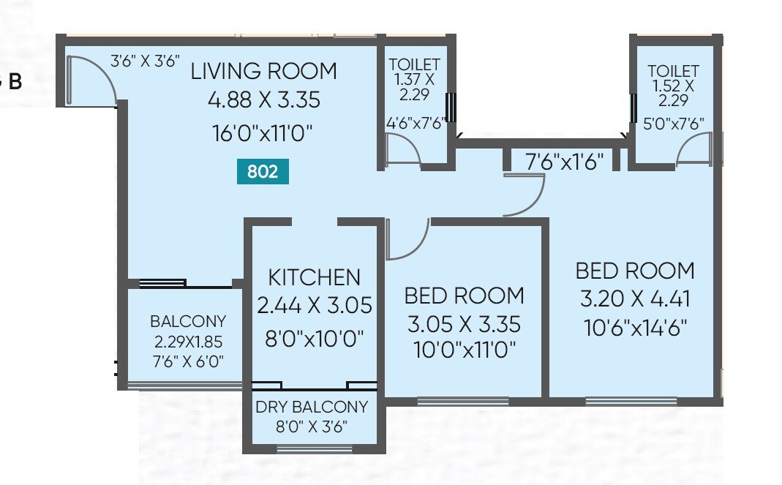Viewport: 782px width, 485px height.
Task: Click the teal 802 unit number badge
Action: (263, 172)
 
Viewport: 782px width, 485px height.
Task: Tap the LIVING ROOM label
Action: (263, 71)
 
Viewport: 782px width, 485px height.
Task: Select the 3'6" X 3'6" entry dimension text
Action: (145, 61)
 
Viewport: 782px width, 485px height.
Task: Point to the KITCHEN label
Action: (314, 277)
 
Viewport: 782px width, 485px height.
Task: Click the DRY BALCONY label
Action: (312, 407)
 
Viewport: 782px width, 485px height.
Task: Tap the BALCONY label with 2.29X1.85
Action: (188, 321)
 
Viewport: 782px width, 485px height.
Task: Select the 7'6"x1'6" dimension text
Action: (564, 162)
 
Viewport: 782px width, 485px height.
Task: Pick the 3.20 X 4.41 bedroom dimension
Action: (635, 299)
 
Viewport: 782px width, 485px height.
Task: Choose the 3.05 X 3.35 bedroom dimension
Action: (464, 323)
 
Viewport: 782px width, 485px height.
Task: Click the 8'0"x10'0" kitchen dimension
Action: (314, 338)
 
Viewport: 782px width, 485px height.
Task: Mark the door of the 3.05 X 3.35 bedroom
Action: (406, 240)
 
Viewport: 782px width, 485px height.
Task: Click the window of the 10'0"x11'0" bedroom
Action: (462, 401)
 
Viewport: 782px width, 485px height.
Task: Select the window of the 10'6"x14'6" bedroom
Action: (631, 401)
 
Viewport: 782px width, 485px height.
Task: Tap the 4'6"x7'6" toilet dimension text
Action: (416, 123)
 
